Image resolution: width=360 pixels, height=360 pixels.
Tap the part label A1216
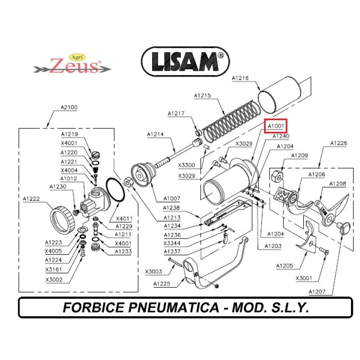(x=240, y=78)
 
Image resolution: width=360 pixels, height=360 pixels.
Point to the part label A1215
(x=202, y=95)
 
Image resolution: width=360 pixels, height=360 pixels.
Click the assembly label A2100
(x=69, y=108)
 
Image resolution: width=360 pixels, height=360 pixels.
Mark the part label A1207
(x=317, y=292)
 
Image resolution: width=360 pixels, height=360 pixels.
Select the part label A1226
(x=338, y=144)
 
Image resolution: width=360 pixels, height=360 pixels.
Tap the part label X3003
(x=153, y=271)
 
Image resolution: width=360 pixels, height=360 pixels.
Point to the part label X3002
(x=54, y=279)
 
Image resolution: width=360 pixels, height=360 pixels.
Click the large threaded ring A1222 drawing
(x=62, y=219)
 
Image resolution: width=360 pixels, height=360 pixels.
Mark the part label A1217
(x=176, y=113)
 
